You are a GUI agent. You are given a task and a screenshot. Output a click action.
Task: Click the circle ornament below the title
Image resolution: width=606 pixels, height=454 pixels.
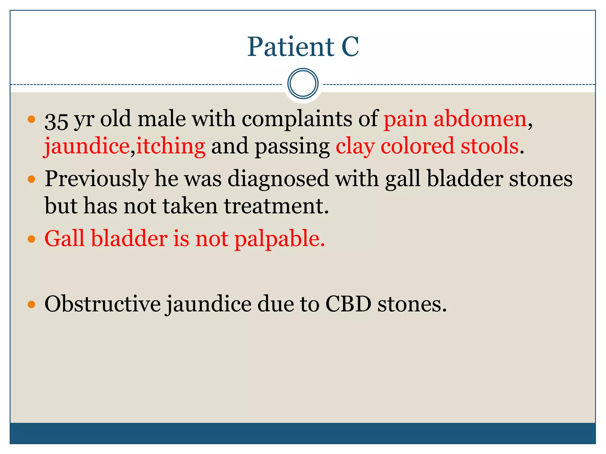click(x=303, y=83)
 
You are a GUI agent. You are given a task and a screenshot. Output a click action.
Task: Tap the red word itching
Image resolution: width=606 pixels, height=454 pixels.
click(x=171, y=146)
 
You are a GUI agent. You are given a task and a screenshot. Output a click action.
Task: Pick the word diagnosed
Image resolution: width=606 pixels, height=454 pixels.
click(x=278, y=179)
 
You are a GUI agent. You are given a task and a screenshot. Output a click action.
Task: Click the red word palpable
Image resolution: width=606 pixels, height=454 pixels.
click(x=279, y=239)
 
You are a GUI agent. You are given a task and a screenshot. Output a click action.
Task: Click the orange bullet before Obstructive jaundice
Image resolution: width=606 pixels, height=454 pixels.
click(x=31, y=304)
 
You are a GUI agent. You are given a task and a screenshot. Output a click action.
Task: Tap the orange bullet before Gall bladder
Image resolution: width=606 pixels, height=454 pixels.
click(x=31, y=239)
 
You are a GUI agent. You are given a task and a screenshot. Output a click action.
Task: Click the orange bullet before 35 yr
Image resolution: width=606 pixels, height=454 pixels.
click(x=31, y=119)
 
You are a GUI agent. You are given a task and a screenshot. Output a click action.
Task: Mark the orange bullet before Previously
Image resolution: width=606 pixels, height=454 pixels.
click(x=31, y=179)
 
